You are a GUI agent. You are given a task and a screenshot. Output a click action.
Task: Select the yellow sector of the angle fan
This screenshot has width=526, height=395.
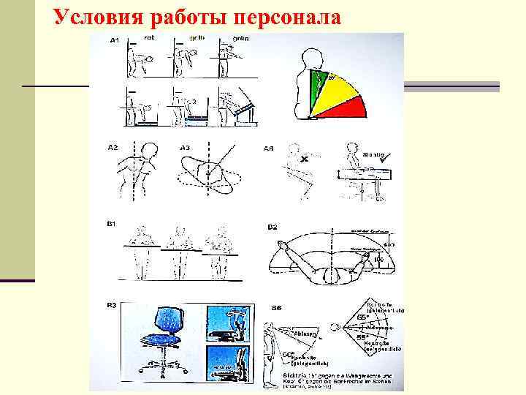pyautogui.click(x=335, y=91)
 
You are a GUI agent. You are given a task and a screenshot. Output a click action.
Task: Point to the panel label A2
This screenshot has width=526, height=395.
pyautogui.click(x=113, y=147)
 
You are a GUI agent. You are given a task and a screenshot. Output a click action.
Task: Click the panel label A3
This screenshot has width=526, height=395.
pyautogui.click(x=186, y=147)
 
